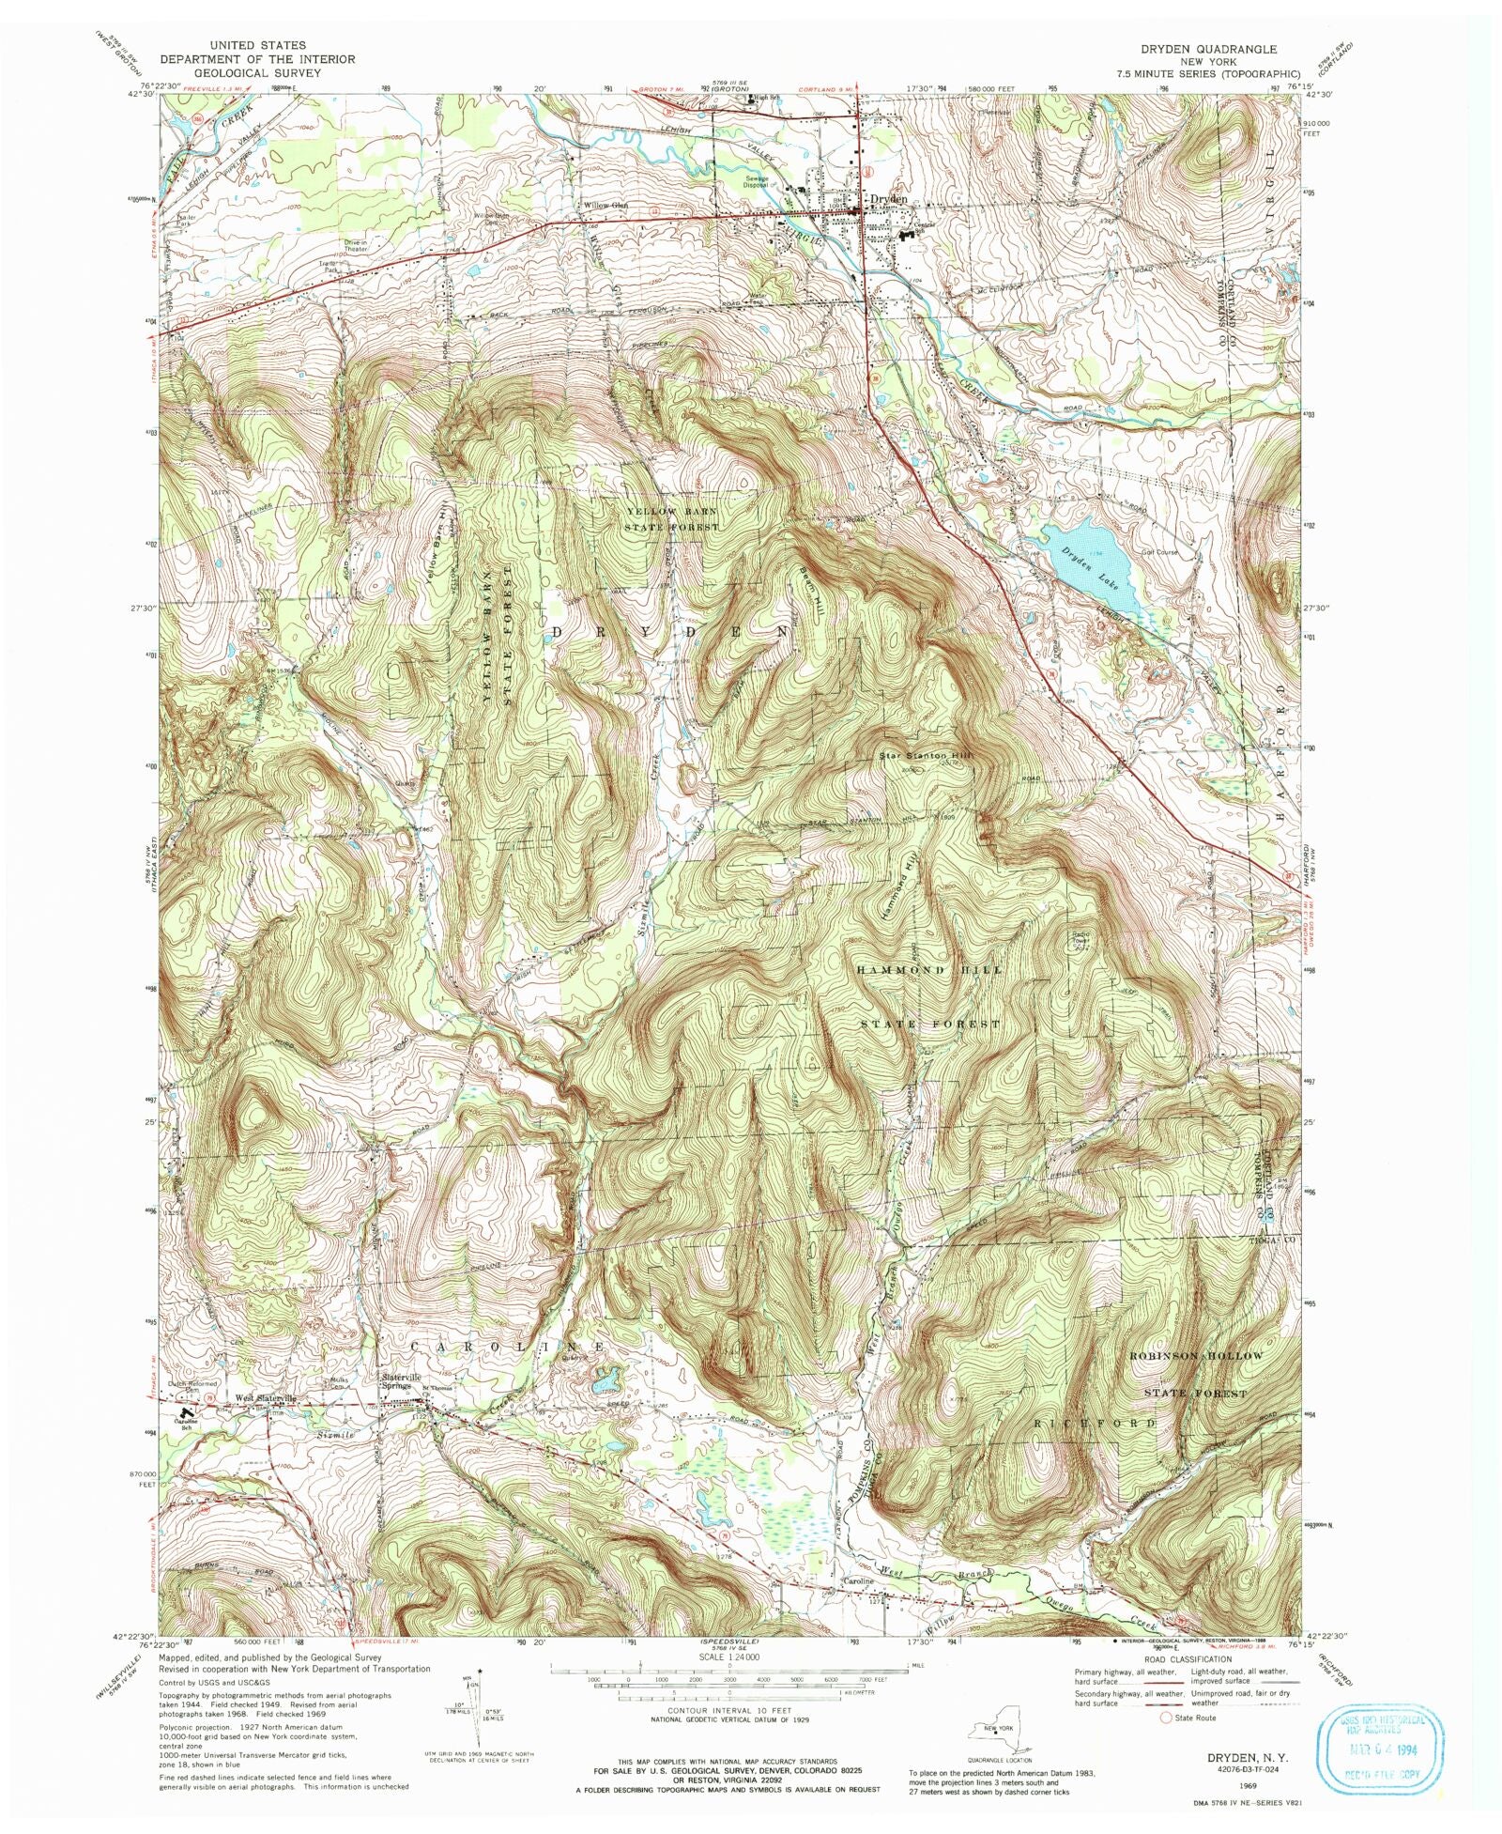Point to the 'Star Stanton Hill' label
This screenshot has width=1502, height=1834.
(x=926, y=754)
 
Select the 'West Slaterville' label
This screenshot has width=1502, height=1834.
(x=266, y=1398)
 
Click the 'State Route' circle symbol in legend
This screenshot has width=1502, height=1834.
(x=1167, y=1718)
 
